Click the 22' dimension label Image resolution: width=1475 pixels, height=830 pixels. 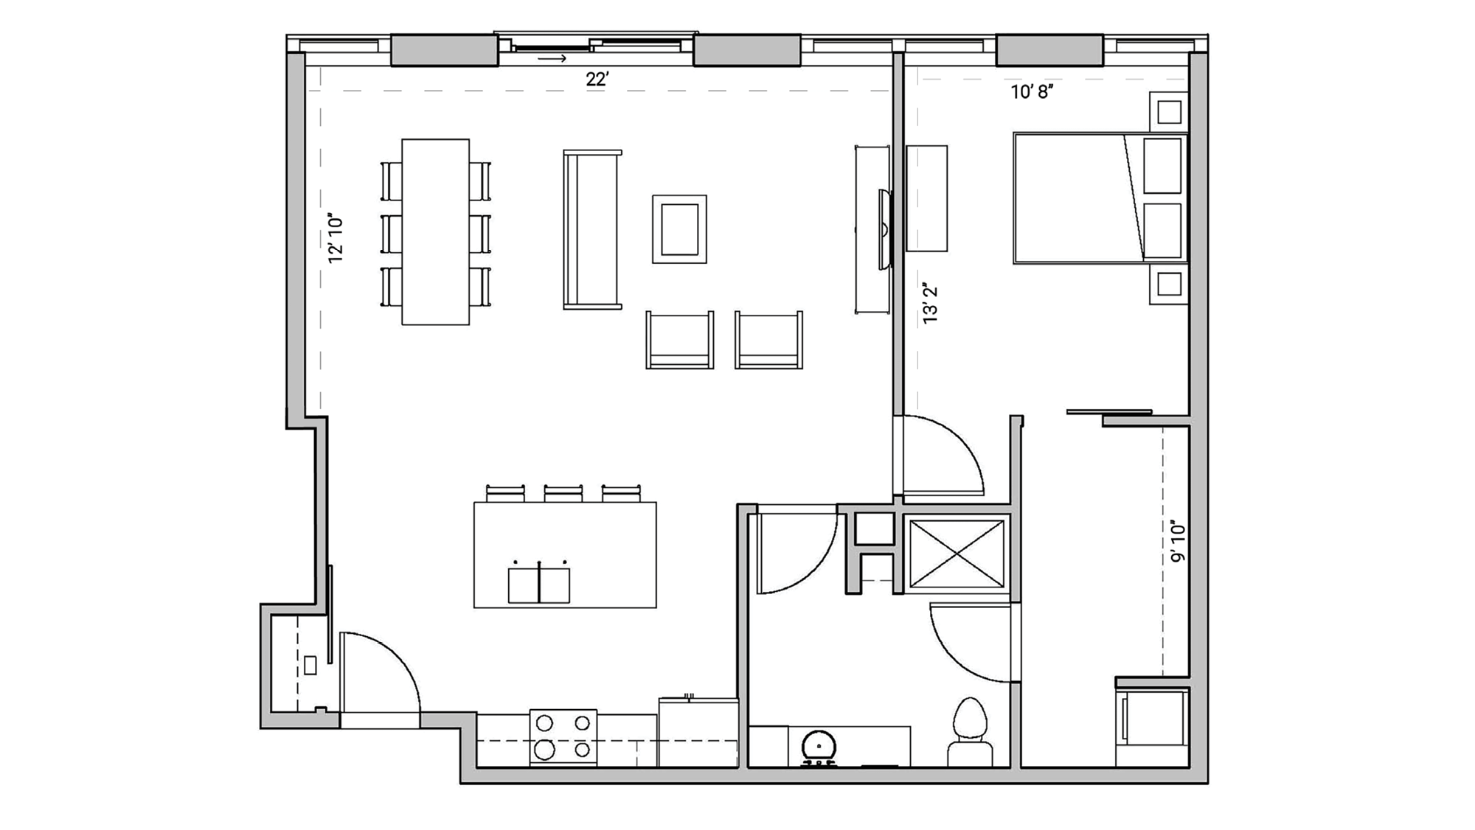click(x=597, y=79)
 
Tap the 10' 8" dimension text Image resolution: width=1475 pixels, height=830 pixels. click(x=1031, y=92)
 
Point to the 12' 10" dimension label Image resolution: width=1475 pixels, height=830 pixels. click(x=336, y=240)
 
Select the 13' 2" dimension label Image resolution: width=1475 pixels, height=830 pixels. click(x=930, y=303)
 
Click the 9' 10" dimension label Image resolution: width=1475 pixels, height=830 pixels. click(x=1178, y=543)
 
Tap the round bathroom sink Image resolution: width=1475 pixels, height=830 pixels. click(x=819, y=747)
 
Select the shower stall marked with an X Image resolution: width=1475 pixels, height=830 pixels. click(x=957, y=553)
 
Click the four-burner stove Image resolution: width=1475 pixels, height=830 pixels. click(x=563, y=736)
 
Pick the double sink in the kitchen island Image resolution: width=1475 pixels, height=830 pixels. click(x=538, y=585)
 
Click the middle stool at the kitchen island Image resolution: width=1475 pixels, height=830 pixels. click(x=563, y=493)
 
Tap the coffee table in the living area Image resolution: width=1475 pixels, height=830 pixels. click(x=679, y=229)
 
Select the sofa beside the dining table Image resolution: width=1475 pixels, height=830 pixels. click(x=591, y=229)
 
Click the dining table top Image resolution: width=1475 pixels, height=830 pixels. click(x=435, y=231)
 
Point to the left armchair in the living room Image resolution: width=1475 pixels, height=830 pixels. click(x=679, y=340)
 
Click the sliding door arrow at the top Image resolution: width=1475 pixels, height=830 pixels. click(x=552, y=58)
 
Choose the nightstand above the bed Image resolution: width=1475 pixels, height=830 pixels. click(x=1169, y=112)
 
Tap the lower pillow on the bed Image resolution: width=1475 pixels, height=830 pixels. click(x=1162, y=231)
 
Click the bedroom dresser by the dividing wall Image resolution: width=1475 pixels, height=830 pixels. click(x=926, y=198)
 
